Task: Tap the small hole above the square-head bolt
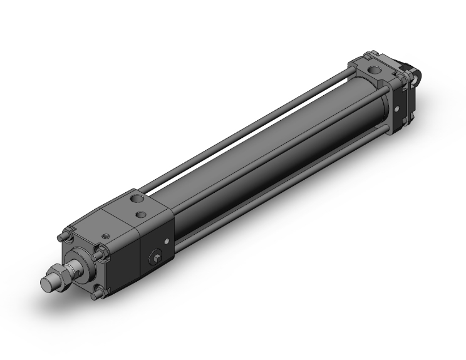coord(167,241)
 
